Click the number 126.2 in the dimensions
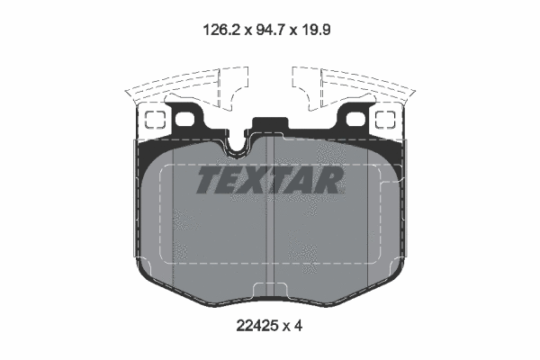point(218,28)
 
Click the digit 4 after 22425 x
point(298,326)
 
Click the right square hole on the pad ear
point(387,120)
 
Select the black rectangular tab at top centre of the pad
point(269,126)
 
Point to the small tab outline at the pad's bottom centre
point(269,287)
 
